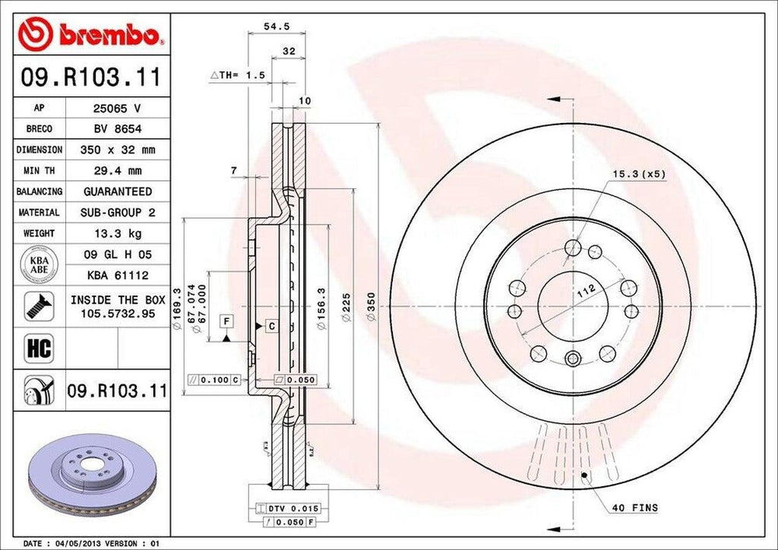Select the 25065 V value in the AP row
click(x=117, y=108)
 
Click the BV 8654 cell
click(x=117, y=129)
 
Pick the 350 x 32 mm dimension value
click(x=117, y=150)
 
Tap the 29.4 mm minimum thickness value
click(x=117, y=171)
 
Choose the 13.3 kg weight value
click(x=117, y=233)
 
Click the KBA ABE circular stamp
click(x=37, y=264)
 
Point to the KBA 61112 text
click(x=117, y=275)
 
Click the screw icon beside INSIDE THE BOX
click(x=37, y=305)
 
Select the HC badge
click(x=37, y=348)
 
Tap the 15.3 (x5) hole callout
click(x=638, y=174)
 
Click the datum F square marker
click(x=226, y=321)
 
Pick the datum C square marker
click(x=270, y=326)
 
